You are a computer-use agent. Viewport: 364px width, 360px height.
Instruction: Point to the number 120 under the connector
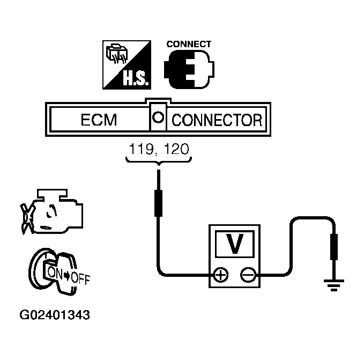coord(176,148)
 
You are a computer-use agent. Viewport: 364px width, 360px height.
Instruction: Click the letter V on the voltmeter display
coord(234,244)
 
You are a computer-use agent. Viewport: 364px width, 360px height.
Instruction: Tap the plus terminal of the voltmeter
coord(220,275)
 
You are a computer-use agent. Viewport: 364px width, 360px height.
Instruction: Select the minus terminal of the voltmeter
coord(248,275)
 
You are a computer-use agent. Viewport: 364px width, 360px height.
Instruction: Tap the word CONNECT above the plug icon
coord(189,45)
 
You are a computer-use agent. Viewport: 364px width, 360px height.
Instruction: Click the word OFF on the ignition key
coord(80,279)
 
